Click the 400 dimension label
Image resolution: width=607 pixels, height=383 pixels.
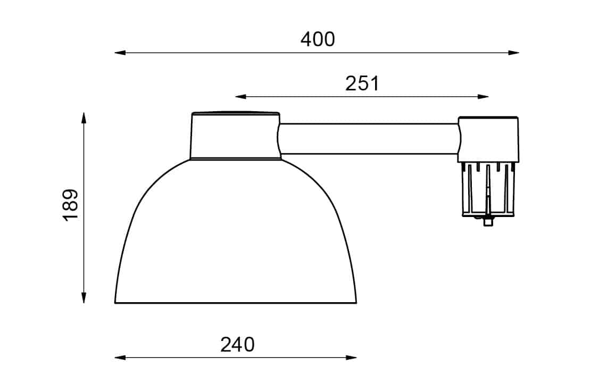click(318, 39)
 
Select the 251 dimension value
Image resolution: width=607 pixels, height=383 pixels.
click(362, 84)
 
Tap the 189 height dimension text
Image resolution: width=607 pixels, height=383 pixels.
click(70, 205)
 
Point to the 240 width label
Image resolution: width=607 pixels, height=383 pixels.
click(238, 345)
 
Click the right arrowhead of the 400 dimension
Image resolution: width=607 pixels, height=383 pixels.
click(514, 53)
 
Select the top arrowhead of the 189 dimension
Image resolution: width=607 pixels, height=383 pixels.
click(84, 118)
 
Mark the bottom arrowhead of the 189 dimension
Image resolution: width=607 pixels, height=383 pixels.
click(84, 297)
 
